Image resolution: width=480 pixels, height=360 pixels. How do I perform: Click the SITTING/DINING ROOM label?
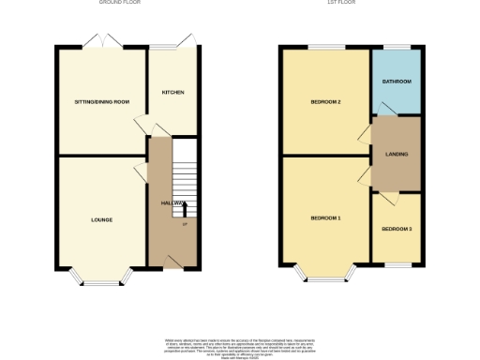click(101, 101)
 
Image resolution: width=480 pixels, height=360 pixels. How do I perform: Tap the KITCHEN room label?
click(172, 93)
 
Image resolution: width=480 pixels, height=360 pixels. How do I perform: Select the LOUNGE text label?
click(101, 220)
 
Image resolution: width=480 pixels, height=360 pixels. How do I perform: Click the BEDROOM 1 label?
click(325, 218)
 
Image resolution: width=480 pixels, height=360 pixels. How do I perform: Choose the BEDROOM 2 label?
click(325, 101)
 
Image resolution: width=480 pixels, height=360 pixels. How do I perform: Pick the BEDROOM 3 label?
click(396, 229)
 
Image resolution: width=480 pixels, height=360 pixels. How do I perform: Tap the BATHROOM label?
click(396, 82)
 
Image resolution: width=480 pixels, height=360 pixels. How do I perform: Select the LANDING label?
click(396, 154)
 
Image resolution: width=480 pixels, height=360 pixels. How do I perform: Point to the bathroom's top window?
click(396, 47)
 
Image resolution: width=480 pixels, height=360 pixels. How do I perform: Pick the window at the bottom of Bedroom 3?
click(396, 266)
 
